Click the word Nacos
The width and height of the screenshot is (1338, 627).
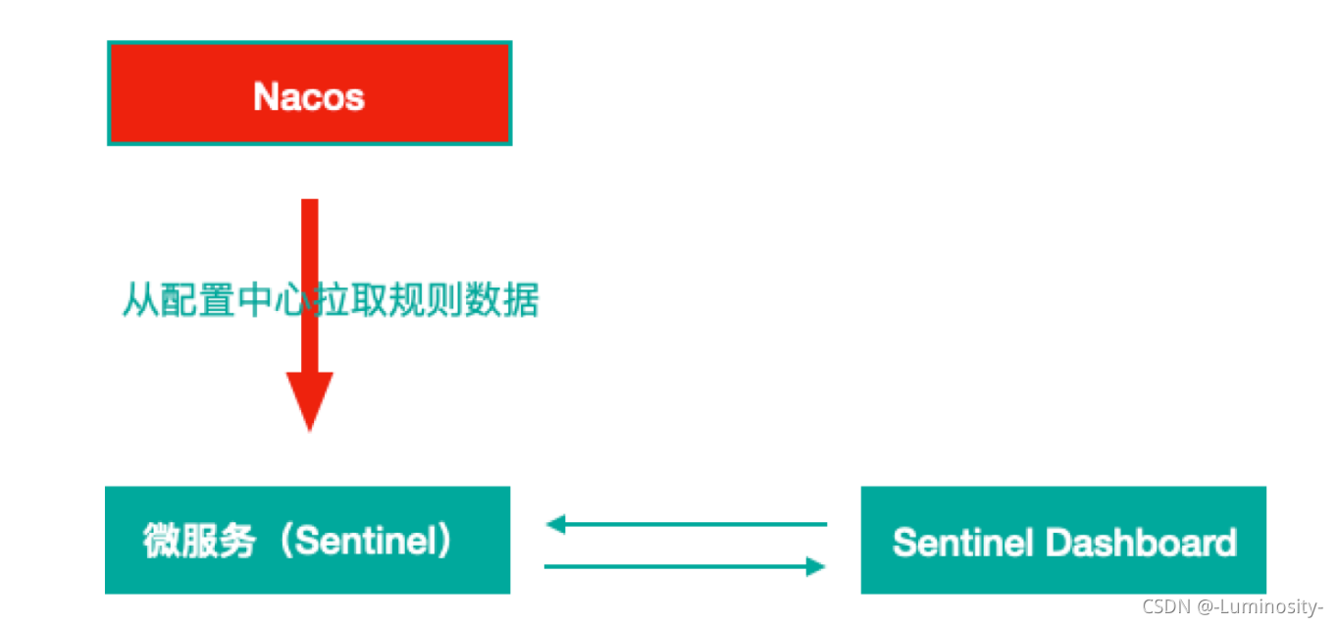coord(309,96)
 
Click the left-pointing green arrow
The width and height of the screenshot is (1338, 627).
coord(687,524)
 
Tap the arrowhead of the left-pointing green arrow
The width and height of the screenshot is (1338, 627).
coord(554,524)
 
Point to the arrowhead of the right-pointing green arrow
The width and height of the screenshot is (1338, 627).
coord(815,566)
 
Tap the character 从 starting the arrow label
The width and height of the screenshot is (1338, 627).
coord(137,300)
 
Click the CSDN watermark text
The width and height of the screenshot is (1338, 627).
coord(1166,606)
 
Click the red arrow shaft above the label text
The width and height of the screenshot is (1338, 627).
coord(310,235)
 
